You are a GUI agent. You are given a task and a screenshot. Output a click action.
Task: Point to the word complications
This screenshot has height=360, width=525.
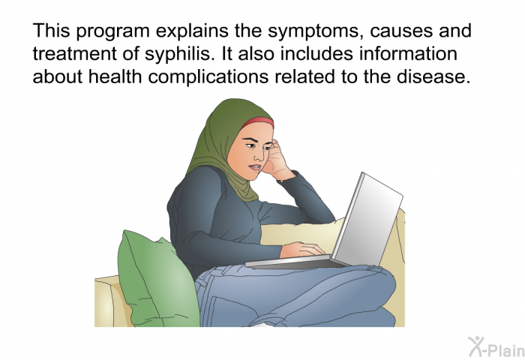tap(208, 76)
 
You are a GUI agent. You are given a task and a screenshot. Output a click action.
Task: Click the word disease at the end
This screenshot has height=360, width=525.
tap(433, 76)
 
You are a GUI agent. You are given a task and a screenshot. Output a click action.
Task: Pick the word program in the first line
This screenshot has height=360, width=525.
tap(112, 31)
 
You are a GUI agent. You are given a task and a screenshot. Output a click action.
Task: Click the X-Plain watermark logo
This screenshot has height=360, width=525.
tap(496, 347)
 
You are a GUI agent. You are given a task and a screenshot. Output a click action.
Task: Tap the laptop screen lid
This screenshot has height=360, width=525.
tap(367, 219)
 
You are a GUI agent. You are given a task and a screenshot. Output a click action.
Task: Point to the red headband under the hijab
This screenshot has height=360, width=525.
tap(258, 122)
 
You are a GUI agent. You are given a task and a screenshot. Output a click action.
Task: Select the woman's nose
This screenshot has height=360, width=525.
tap(259, 154)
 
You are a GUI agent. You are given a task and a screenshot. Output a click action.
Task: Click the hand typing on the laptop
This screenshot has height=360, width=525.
tap(302, 250)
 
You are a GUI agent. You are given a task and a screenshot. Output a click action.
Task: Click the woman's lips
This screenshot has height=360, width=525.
tap(255, 166)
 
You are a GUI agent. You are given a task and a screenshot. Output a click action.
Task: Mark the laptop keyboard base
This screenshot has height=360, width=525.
tap(295, 262)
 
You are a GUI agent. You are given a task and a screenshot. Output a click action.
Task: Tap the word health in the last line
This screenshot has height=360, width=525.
tap(115, 76)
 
